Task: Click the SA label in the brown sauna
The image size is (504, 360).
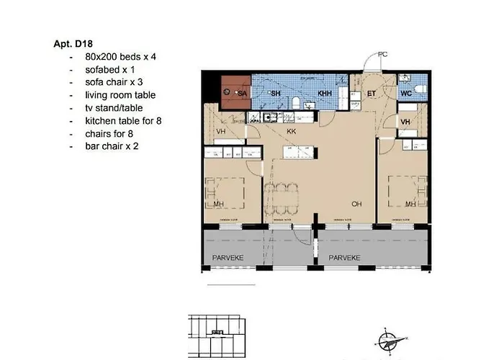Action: click(x=242, y=94)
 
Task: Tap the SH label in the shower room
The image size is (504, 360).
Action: click(x=274, y=94)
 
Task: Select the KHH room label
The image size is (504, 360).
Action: click(x=325, y=94)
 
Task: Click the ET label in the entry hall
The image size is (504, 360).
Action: click(x=372, y=94)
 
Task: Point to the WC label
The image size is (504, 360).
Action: click(x=406, y=94)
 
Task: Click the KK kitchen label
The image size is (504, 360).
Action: click(x=292, y=132)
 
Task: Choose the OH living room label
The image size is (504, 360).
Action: click(x=356, y=204)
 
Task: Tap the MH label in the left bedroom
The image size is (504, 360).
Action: click(x=219, y=204)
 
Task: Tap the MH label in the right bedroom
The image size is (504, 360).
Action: click(x=410, y=204)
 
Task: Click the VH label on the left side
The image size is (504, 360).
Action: click(x=220, y=132)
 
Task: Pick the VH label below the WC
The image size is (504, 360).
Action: click(x=405, y=122)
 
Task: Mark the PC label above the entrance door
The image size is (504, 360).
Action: click(x=382, y=55)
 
